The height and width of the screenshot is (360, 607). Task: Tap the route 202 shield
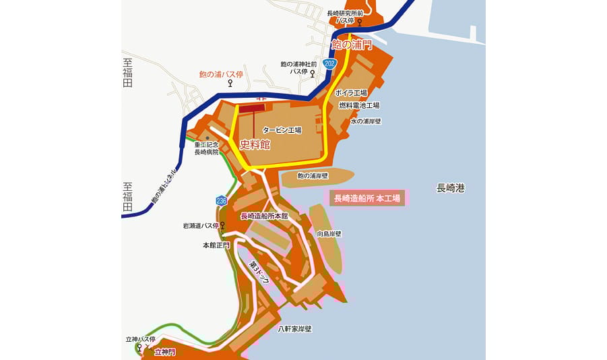click(x=329, y=63)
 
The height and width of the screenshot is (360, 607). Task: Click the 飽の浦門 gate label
click(x=352, y=45)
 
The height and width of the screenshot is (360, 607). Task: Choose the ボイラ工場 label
click(x=351, y=93)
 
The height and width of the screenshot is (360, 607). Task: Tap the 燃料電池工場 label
click(x=358, y=106)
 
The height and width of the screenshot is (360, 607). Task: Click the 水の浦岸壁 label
click(x=366, y=121)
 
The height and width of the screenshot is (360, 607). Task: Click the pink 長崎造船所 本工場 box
click(x=367, y=198)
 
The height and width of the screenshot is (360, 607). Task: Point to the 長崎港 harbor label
click(x=451, y=188)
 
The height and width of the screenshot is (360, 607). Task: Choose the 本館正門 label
click(x=216, y=245)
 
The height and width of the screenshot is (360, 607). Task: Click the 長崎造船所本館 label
click(x=264, y=216)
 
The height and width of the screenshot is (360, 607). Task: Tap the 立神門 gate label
click(x=164, y=352)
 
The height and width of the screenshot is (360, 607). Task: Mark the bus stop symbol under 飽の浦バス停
click(x=231, y=84)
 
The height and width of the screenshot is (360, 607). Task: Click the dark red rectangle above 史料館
click(x=253, y=107)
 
